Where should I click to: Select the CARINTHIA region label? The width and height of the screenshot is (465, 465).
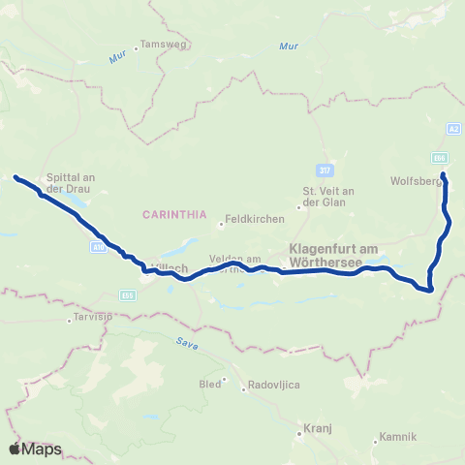[170, 213]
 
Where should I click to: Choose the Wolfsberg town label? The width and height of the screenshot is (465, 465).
[416, 180]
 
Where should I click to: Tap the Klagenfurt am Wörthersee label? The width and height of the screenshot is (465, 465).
[333, 256]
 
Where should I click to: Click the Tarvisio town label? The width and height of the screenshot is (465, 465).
[92, 317]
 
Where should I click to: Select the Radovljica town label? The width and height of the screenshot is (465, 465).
[263, 385]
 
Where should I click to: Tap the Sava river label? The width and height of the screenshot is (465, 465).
[186, 341]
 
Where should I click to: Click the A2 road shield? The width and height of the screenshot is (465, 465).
[453, 128]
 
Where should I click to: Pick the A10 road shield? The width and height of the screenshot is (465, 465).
[99, 247]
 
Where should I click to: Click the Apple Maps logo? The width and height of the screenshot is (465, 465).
[35, 449]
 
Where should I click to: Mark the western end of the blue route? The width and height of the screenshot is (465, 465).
[15, 176]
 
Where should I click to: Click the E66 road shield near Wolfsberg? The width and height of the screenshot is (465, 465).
[441, 156]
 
